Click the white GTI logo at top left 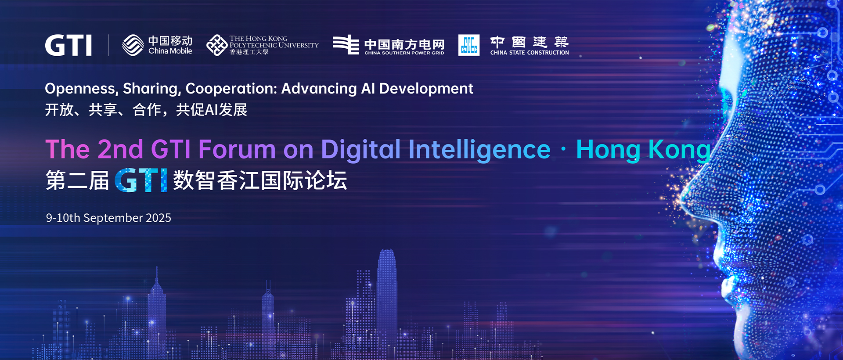[x=68, y=45]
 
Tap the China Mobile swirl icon [x=133, y=45]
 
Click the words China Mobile [x=170, y=51]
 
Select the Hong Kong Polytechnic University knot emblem [x=217, y=45]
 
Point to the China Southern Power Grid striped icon [x=346, y=45]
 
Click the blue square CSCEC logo [x=469, y=45]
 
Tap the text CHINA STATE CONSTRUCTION [x=530, y=53]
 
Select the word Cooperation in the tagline [x=231, y=89]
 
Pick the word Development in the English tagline [x=426, y=89]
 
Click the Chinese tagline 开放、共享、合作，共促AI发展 [x=146, y=110]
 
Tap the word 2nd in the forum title [x=120, y=149]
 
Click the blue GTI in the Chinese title [x=141, y=180]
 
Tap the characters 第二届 [x=77, y=180]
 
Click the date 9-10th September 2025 [x=108, y=218]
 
